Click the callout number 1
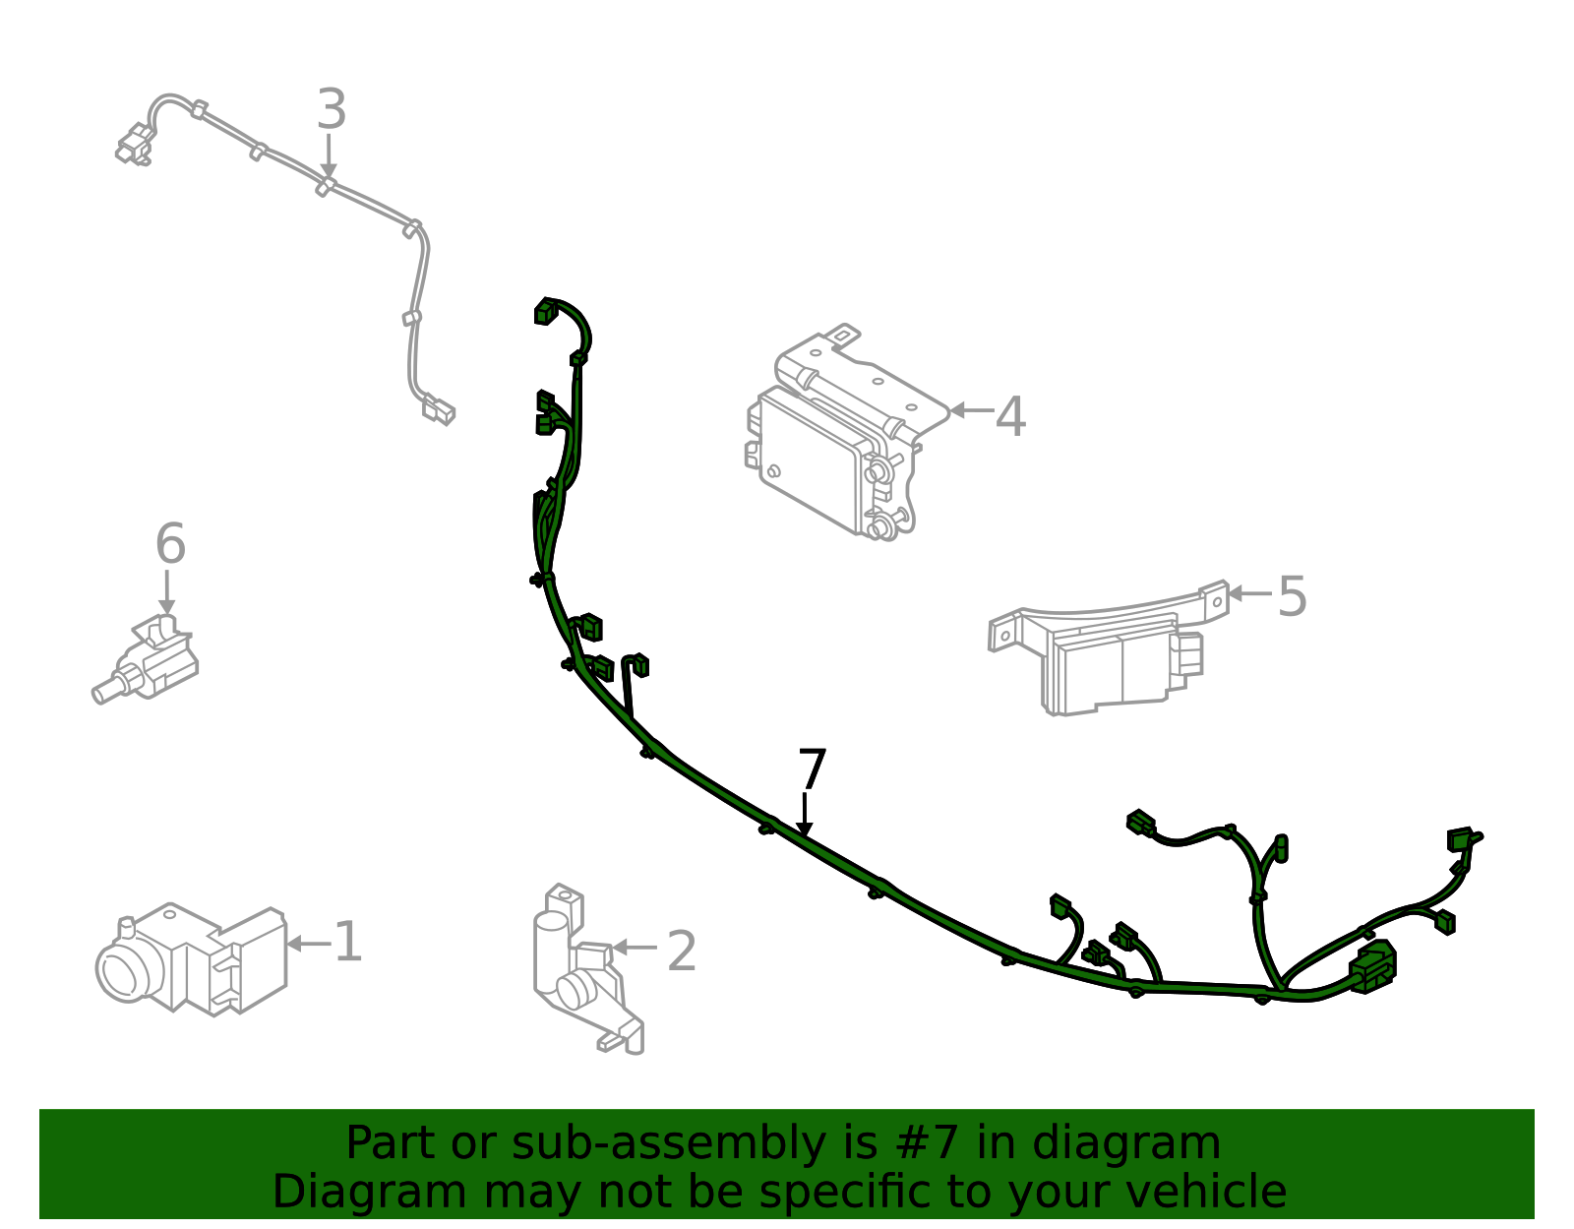tap(348, 943)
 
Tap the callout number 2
tap(682, 951)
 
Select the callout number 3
tap(332, 110)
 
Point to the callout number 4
tap(1010, 416)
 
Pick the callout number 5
tap(1292, 596)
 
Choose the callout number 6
tap(170, 544)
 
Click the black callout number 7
tap(812, 769)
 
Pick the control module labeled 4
tap(836, 438)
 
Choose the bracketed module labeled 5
tap(1112, 654)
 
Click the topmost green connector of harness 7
tap(545, 311)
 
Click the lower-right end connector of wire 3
tap(439, 409)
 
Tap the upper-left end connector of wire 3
tap(134, 145)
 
